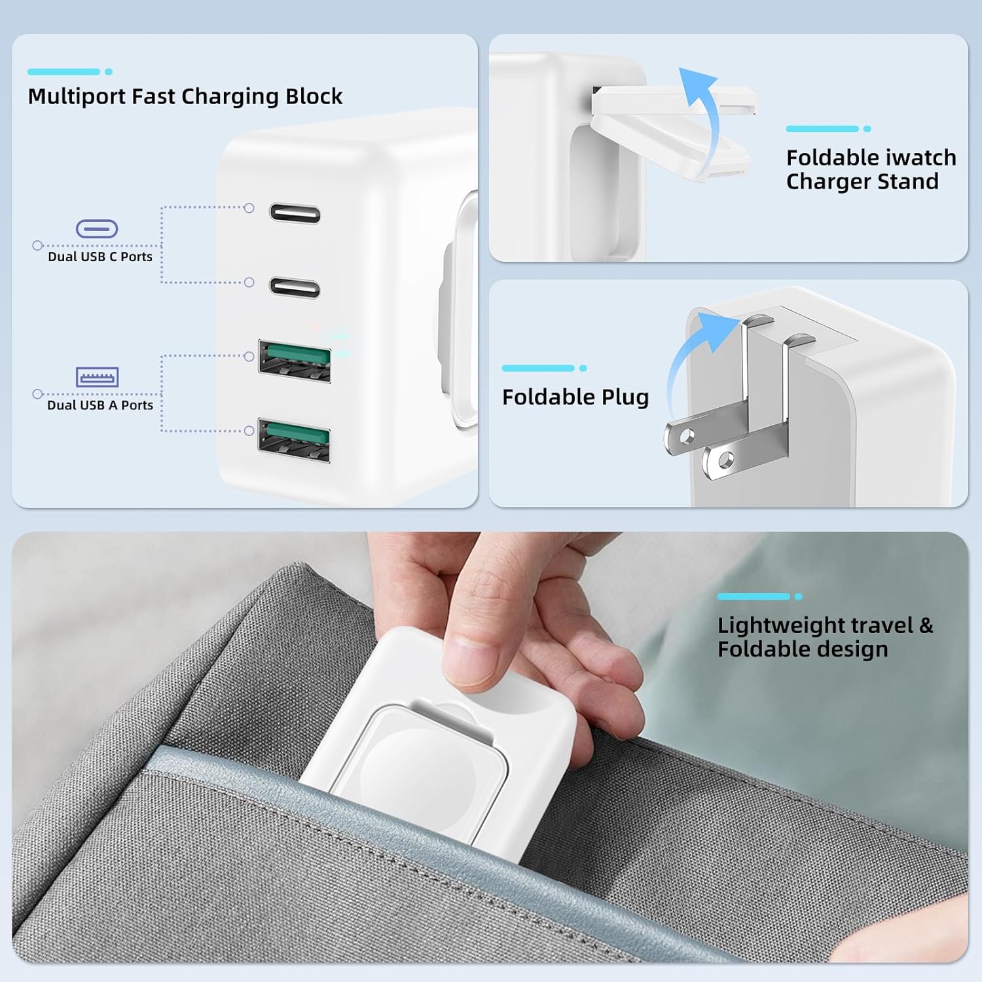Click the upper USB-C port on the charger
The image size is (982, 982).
[295, 213]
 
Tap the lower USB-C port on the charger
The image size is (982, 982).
[295, 287]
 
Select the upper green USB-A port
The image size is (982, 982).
[295, 361]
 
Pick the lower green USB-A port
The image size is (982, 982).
[294, 440]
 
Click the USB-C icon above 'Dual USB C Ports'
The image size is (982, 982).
[97, 228]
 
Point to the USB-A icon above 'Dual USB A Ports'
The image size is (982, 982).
[97, 377]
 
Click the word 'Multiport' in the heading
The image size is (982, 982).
[77, 96]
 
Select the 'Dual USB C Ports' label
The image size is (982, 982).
[100, 257]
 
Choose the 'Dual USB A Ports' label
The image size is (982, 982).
[100, 405]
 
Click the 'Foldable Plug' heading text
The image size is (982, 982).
[575, 397]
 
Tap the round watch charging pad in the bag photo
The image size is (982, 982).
[406, 759]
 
